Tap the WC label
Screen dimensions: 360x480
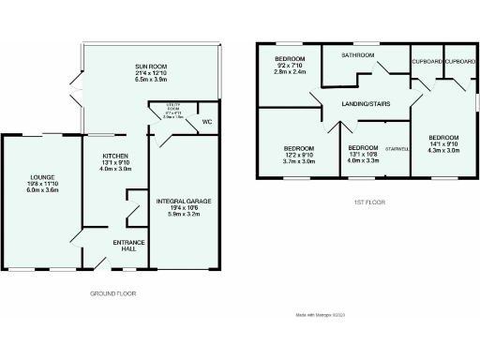tap(206, 121)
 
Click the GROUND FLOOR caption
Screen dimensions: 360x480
tap(113, 293)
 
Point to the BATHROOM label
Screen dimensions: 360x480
tap(357, 56)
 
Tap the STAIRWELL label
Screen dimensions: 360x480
tap(398, 147)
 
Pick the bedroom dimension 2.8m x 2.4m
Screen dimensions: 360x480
tap(290, 72)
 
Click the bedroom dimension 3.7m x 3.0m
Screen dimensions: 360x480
tap(299, 161)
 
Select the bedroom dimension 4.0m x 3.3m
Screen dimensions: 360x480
tap(363, 161)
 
